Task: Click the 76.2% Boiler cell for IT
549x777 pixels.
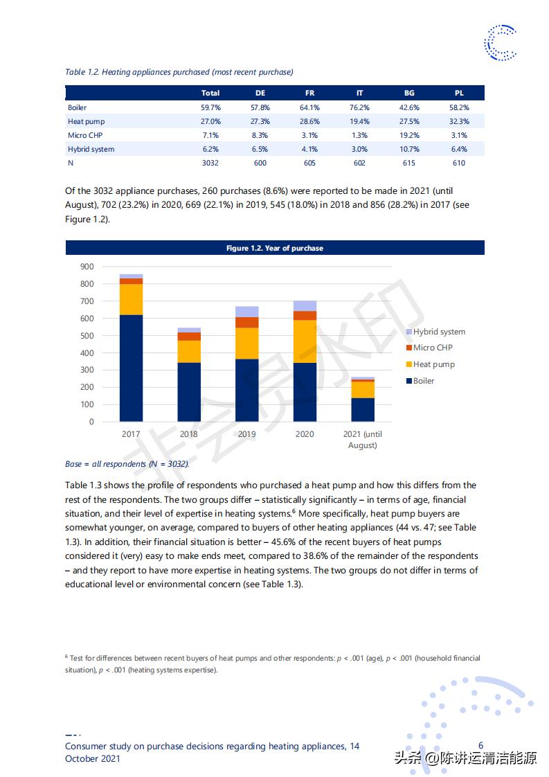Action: pos(359,107)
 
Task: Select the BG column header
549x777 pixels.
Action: pos(409,93)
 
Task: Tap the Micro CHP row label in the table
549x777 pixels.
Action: pos(85,135)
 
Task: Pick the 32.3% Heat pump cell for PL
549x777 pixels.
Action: pos(459,121)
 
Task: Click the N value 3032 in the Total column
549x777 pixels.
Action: pos(210,163)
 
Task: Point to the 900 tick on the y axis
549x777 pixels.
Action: pos(87,267)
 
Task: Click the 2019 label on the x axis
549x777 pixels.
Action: pos(246,434)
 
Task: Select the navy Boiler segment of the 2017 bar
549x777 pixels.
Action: pos(131,368)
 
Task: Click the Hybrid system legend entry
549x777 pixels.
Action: pos(439,332)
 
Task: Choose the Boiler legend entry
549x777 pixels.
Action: pos(424,381)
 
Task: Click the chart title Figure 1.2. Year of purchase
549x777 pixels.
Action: pos(275,248)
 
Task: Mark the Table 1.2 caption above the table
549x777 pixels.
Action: pos(179,72)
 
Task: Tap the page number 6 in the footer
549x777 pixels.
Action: pos(481,746)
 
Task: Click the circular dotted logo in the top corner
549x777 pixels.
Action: pos(500,43)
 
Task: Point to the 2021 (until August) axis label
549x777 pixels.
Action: pos(362,439)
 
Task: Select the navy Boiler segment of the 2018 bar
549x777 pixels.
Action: pos(189,392)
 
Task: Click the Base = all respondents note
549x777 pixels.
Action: pos(127,464)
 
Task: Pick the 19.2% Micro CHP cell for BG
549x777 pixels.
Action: pos(409,135)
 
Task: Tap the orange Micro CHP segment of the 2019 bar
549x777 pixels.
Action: pos(246,322)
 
